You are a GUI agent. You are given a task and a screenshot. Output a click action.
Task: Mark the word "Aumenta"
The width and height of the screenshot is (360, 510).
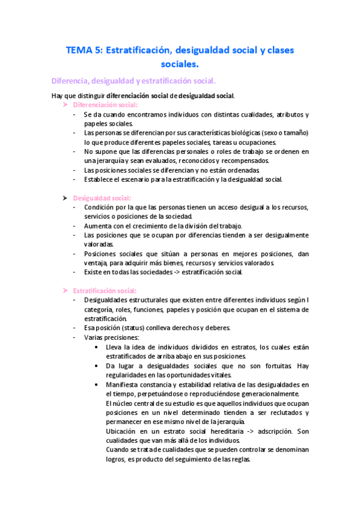coord(97,226)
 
